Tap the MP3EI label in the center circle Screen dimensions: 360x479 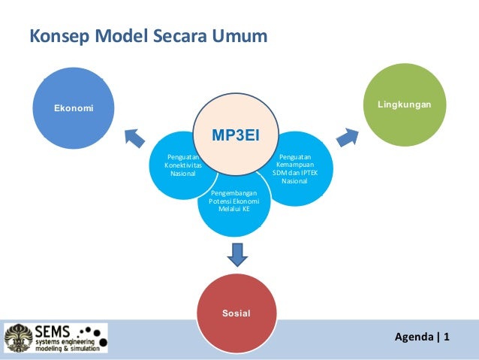point(235,135)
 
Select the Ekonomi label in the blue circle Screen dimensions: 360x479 point(74,108)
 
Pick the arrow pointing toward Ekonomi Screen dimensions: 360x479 point(134,137)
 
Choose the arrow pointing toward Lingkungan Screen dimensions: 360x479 point(346,136)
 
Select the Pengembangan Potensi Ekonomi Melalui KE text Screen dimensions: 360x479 point(233,201)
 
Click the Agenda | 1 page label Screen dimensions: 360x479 point(422,336)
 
